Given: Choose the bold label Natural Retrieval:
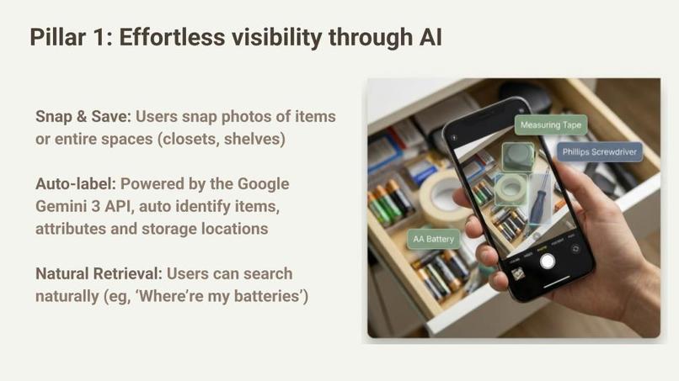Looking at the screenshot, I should [99, 274].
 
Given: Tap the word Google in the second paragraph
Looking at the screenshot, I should [262, 183].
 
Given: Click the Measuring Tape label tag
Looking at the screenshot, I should [551, 125].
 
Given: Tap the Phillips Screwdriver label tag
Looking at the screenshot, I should [599, 152].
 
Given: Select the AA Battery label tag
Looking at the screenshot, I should [433, 239].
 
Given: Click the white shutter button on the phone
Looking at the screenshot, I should [548, 261].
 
